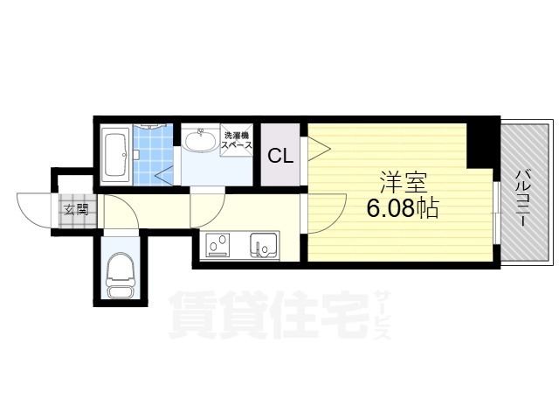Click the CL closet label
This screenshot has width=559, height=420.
(x=280, y=156)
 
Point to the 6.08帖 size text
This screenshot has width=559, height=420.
(x=403, y=208)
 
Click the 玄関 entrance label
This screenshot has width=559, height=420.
(x=76, y=211)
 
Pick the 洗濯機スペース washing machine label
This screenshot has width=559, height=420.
(x=237, y=141)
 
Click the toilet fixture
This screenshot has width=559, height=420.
(x=121, y=275)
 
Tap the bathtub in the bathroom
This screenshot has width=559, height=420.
(x=115, y=156)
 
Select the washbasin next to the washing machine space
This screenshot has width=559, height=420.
(x=200, y=140)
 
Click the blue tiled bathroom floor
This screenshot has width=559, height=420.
(x=153, y=156)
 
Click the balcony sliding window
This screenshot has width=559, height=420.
(x=497, y=213)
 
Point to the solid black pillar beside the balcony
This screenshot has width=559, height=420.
(x=480, y=143)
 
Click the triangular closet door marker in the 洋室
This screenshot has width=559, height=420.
(x=319, y=148)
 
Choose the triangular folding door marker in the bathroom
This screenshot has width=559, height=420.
(x=164, y=176)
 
